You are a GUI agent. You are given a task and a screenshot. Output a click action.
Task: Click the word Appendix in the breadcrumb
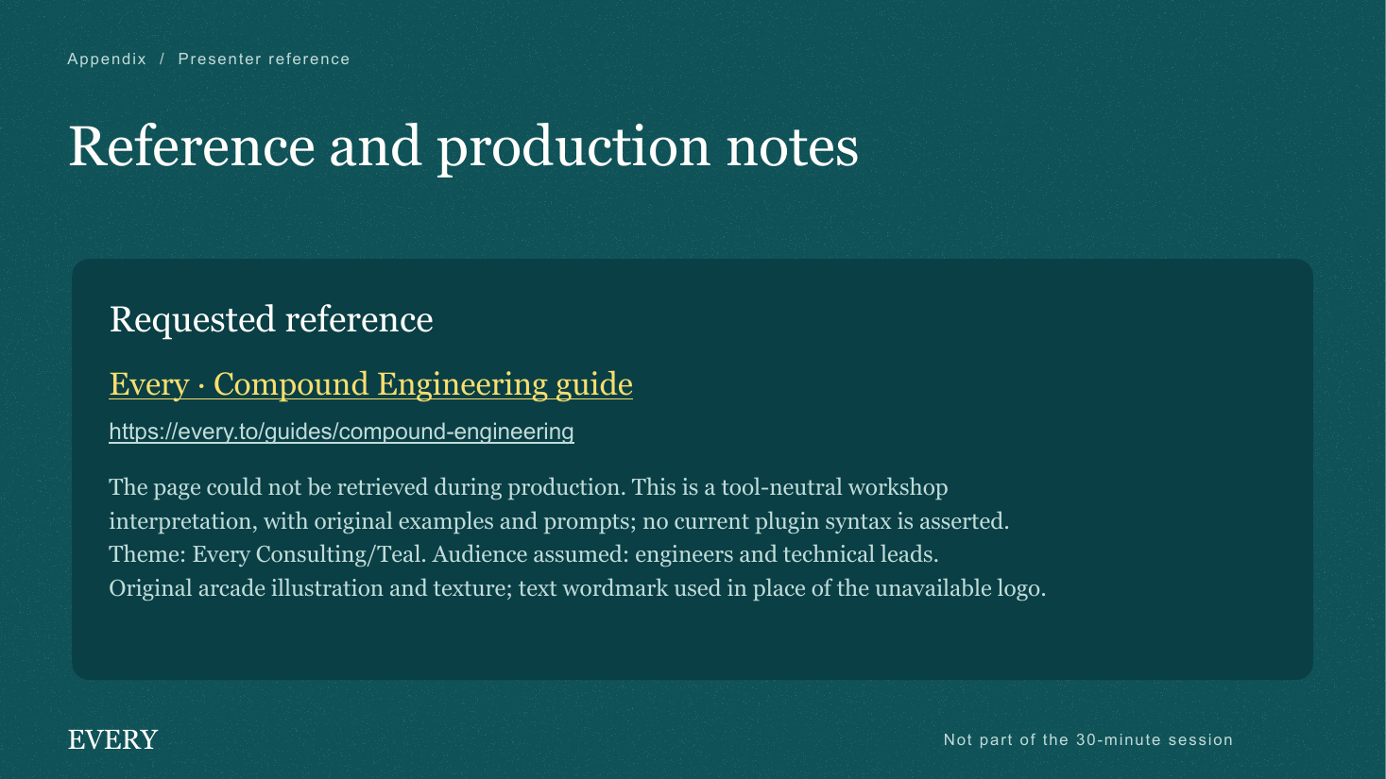pos(107,59)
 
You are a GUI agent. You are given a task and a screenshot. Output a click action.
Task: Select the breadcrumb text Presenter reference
pos(265,59)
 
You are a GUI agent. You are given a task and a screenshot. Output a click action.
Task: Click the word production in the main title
pos(573,149)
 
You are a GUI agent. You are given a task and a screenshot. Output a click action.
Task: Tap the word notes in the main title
pos(792,148)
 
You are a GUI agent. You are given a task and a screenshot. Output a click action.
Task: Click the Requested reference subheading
pos(271,320)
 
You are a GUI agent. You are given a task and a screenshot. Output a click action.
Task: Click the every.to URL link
pos(342,431)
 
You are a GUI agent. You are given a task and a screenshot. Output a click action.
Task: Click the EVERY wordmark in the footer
pos(112,740)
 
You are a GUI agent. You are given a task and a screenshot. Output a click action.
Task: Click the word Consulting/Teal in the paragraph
pos(340,554)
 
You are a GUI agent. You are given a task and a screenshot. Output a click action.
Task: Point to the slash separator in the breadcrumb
pos(163,59)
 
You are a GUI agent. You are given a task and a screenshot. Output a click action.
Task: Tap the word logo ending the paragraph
pos(1021,589)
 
